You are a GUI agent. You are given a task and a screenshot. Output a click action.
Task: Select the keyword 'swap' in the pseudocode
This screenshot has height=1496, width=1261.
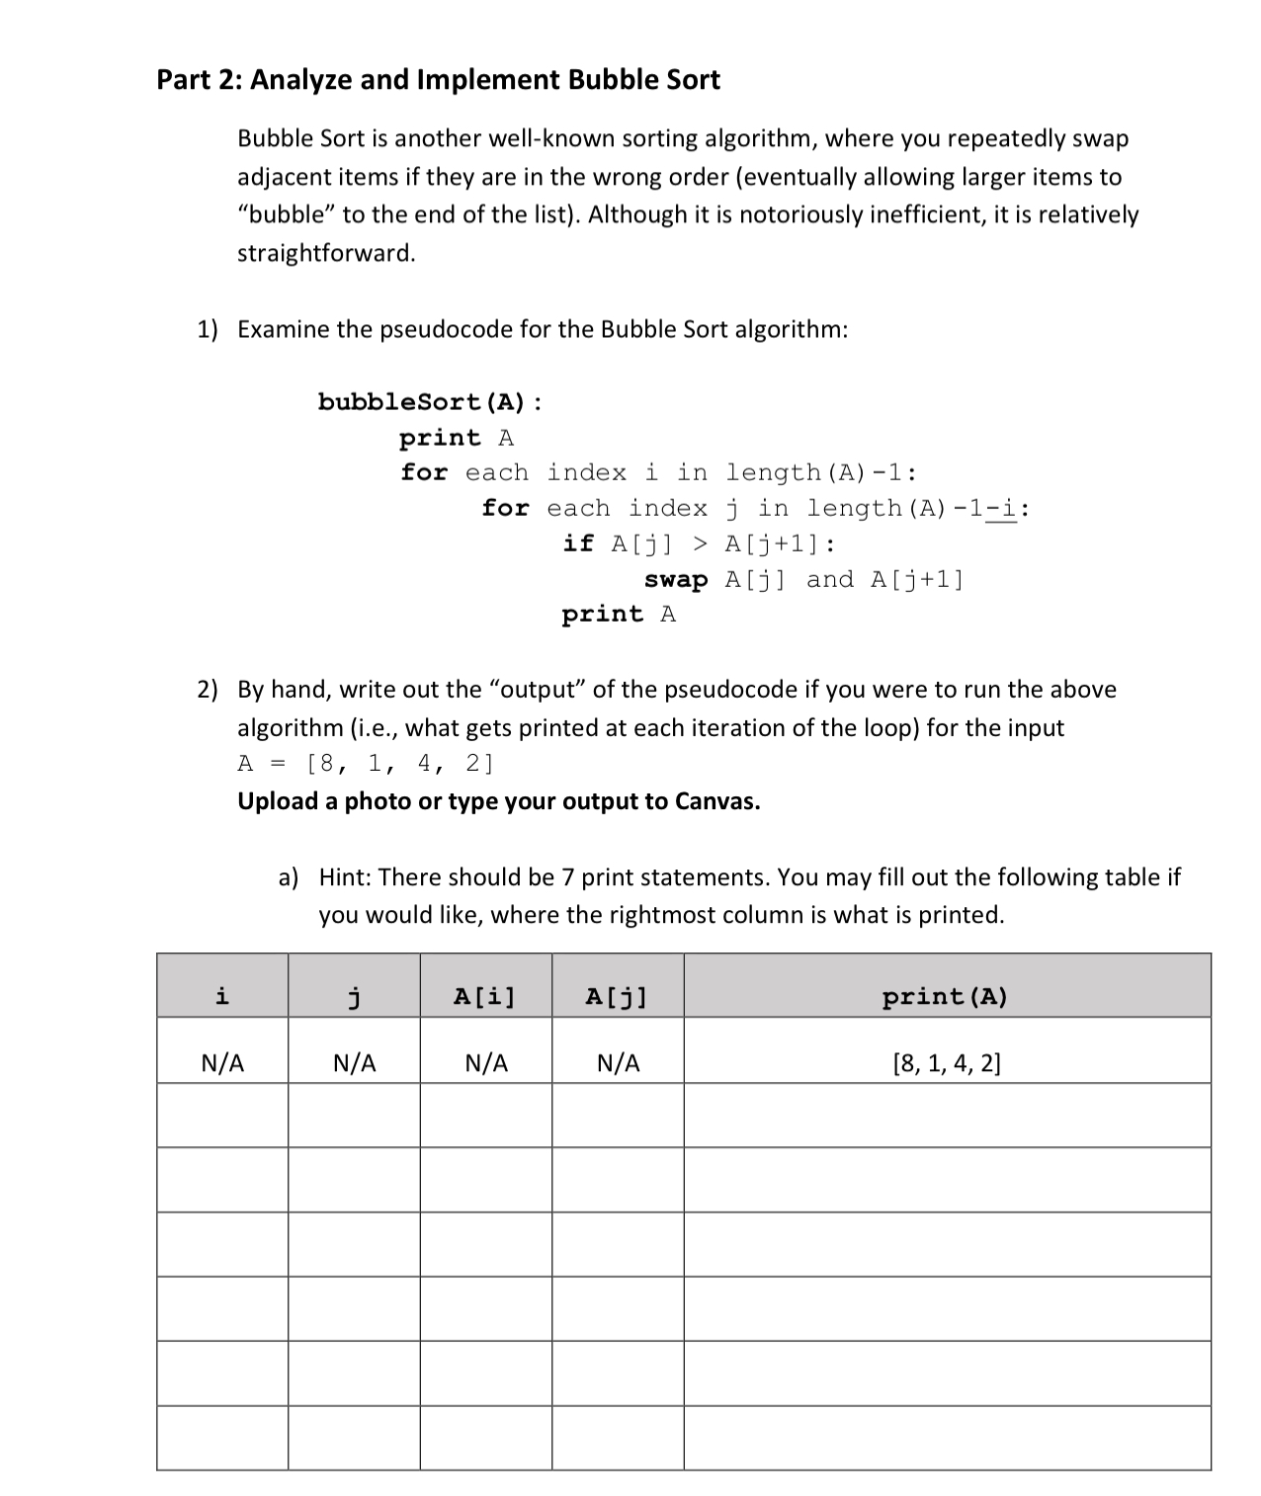point(676,580)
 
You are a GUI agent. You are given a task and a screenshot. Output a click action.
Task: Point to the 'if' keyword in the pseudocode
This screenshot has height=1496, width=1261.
point(578,543)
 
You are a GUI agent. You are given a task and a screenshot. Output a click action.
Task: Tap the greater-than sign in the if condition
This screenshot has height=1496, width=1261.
point(700,543)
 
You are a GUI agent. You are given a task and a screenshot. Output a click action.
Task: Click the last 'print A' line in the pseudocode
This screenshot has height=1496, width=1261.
point(619,615)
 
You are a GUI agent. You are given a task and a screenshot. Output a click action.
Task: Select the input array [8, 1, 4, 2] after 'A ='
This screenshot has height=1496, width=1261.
point(400,764)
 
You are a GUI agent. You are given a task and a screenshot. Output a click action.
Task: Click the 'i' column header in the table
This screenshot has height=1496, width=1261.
point(222,996)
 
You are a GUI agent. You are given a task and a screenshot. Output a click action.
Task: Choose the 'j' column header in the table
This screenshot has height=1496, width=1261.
point(354,996)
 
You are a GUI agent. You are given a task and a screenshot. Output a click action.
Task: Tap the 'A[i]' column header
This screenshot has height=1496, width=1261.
point(485,996)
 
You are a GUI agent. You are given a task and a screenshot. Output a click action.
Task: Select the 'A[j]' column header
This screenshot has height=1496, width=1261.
point(617,996)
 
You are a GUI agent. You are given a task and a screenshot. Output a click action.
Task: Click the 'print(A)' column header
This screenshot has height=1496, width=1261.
point(946,996)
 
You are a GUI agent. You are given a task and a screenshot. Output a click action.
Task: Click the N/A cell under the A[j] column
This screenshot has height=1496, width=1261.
point(619,1063)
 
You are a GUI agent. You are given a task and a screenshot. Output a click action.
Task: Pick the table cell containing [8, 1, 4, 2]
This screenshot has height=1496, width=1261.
point(946,1063)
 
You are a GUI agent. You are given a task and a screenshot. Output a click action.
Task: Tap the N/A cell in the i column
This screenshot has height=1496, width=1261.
point(222,1063)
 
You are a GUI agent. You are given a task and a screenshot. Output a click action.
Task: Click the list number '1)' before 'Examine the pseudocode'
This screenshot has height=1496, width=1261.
point(207,329)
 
